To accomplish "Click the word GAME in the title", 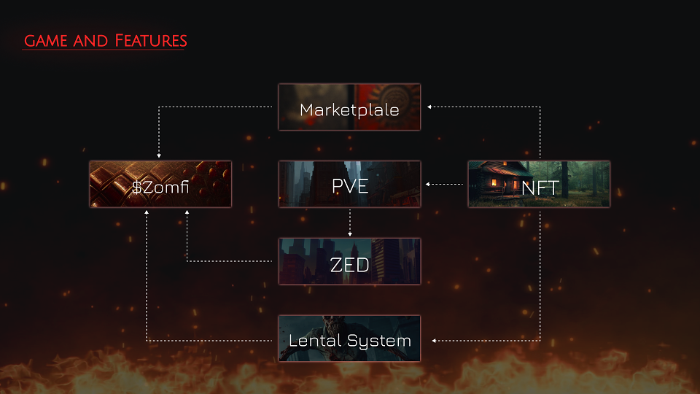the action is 45,41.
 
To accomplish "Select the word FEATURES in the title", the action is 151,41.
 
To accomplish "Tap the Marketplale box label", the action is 349,110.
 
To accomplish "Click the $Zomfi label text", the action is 160,187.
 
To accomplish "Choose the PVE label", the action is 350,186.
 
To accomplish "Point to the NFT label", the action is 540,188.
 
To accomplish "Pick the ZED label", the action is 349,265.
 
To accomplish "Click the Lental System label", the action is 349,341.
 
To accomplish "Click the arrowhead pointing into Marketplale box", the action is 429,107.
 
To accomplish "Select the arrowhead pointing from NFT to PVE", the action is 428,184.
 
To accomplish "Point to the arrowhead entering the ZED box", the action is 350,234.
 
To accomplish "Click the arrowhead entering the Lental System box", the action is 434,341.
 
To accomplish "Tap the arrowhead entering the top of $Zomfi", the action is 159,156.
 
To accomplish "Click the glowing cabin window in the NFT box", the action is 494,182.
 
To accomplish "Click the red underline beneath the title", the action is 103,49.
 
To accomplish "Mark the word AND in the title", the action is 90,41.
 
